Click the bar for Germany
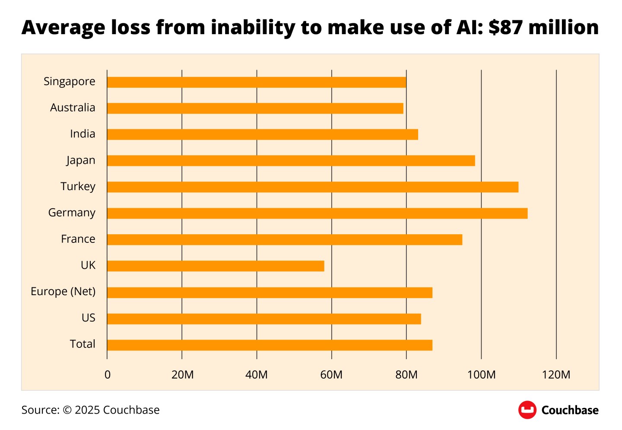pos(317,213)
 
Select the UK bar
pos(216,266)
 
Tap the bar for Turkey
pos(312,187)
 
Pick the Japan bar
pos(291,160)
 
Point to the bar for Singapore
pos(256,82)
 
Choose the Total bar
pos(270,345)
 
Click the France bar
pos(284,239)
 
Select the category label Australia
pos(73,108)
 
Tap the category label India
pos(83,134)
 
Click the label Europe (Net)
pos(63,292)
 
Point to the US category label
pos(88,318)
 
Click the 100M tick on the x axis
pos(481,375)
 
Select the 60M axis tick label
pos(331,375)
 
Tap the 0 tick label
pos(108,375)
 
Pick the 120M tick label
pos(556,375)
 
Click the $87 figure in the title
pos(506,28)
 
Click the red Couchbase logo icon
pos(527,410)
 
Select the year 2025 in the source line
pos(87,410)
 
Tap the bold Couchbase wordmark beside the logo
pos(570,410)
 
